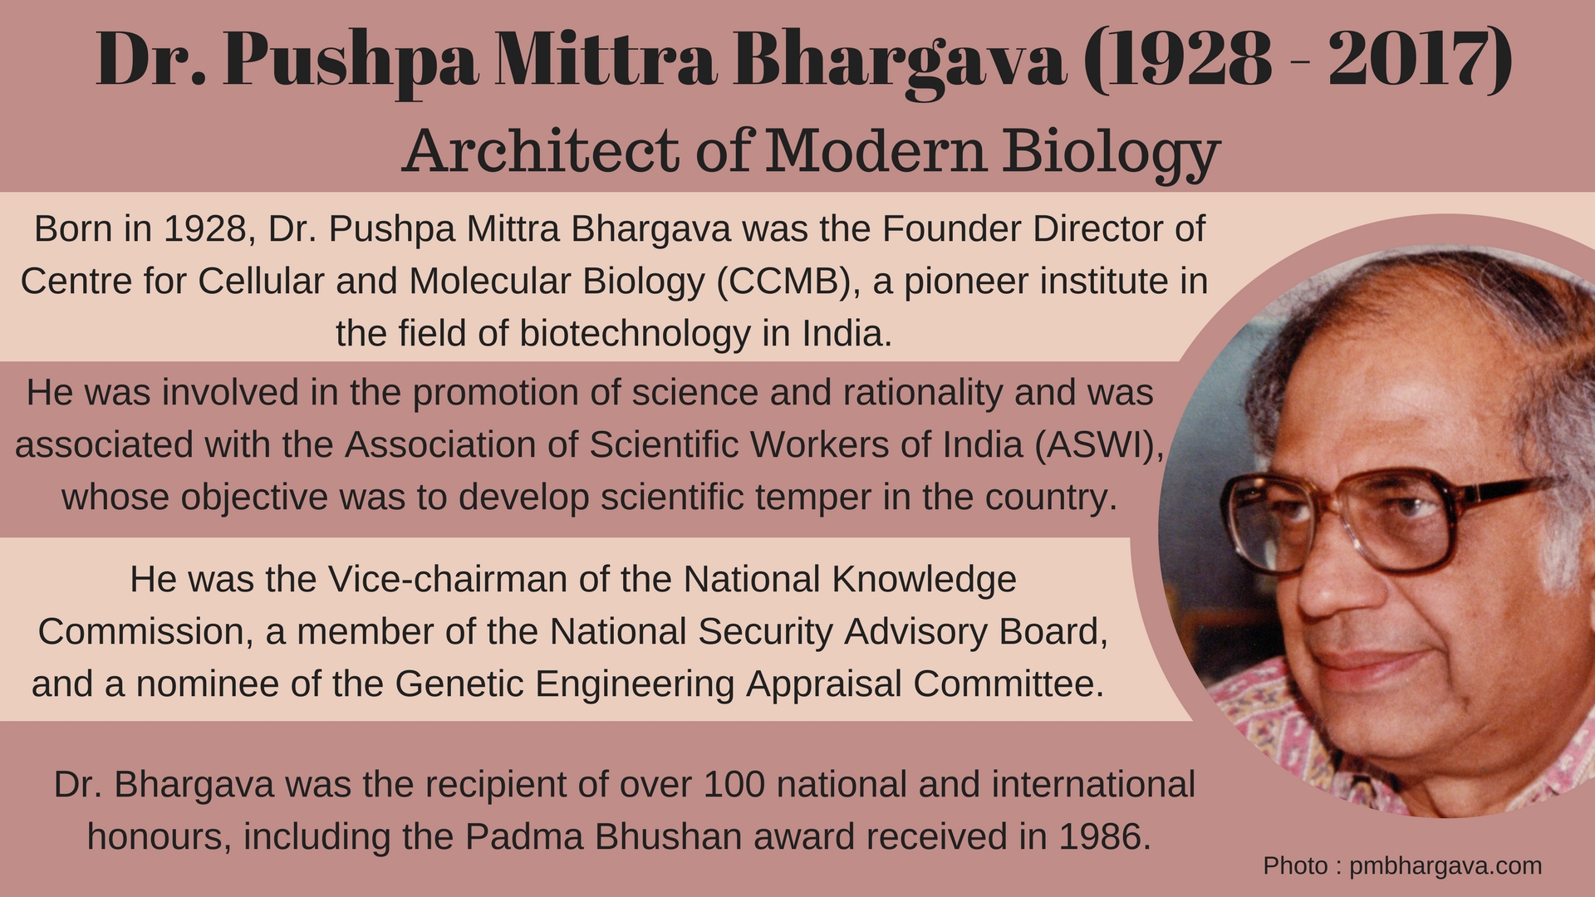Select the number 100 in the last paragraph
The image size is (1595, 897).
tap(734, 785)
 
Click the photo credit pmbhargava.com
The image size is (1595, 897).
tap(1445, 866)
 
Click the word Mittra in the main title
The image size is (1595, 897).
tap(604, 59)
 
